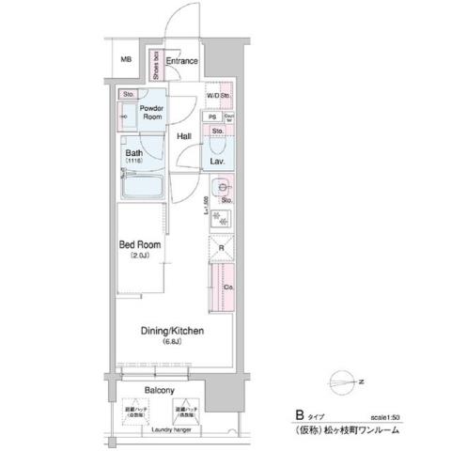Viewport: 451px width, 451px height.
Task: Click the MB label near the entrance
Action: click(x=126, y=62)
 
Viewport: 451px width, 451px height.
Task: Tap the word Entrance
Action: click(x=182, y=62)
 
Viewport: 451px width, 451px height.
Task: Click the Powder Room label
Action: click(x=152, y=113)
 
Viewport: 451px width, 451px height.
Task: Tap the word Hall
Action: click(x=184, y=137)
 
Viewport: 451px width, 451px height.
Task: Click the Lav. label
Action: click(x=217, y=162)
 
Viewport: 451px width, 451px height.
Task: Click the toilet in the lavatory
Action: click(x=217, y=146)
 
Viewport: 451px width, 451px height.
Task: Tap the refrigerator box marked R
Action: click(x=222, y=249)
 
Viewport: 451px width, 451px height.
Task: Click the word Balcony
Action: click(x=160, y=388)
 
